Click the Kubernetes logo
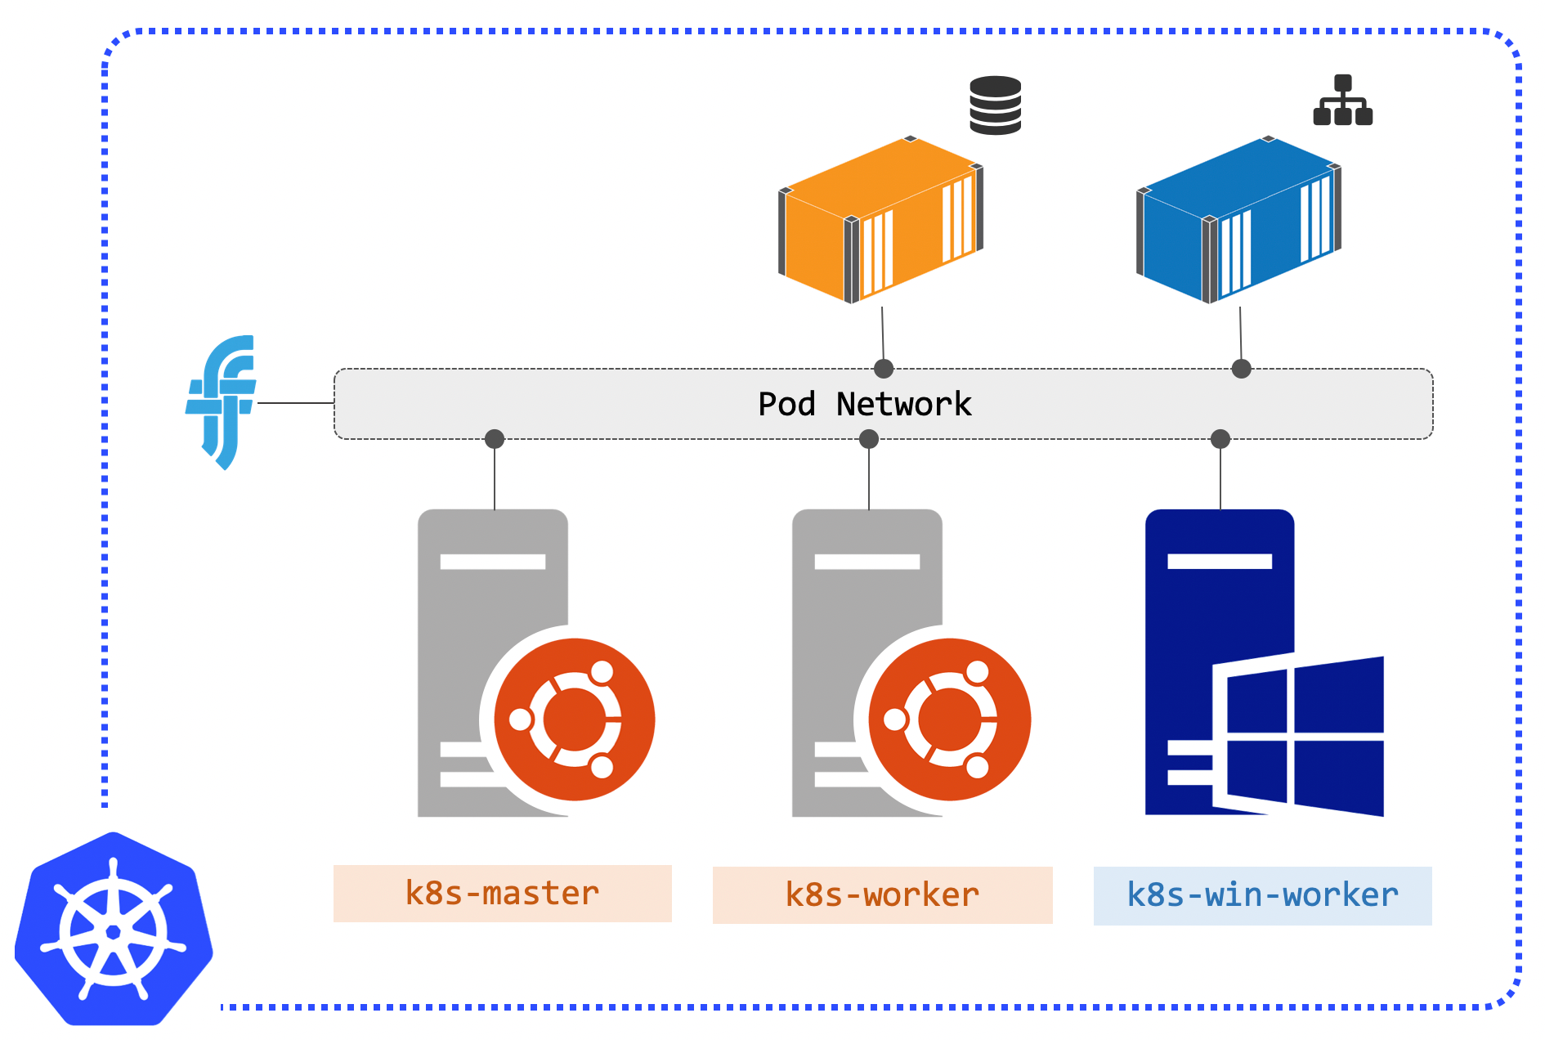(114, 929)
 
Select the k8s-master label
(502, 893)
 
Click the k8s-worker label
(882, 894)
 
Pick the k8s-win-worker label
(1262, 895)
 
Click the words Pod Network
(865, 404)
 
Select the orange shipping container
(880, 219)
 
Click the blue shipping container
(1238, 219)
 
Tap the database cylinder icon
(995, 105)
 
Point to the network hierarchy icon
(1342, 100)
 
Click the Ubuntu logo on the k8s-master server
(575, 719)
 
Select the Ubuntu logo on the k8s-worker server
(949, 719)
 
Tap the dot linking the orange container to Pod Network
(884, 369)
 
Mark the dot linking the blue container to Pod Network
(1242, 369)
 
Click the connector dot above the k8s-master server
(495, 439)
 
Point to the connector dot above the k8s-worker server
(869, 439)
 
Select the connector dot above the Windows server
(1220, 439)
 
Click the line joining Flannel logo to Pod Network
(296, 403)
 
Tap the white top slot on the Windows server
(1220, 561)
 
